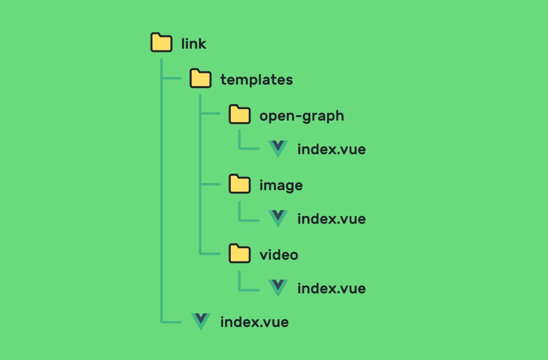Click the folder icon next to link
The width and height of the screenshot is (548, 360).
(x=161, y=43)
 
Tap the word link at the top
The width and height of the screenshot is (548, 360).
(x=193, y=43)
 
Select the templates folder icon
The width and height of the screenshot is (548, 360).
(x=201, y=79)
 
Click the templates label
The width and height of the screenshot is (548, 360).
(x=256, y=79)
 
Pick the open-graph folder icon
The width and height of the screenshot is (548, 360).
(x=239, y=115)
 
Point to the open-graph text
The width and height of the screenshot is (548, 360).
(x=301, y=116)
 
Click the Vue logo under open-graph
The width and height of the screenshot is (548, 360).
(x=278, y=148)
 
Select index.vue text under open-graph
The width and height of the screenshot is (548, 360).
(x=331, y=149)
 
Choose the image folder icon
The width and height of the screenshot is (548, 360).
(x=239, y=185)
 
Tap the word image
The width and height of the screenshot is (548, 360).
(x=281, y=186)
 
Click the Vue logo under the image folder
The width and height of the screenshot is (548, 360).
(x=278, y=218)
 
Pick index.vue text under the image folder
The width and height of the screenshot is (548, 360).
(x=331, y=219)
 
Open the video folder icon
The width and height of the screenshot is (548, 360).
(x=239, y=254)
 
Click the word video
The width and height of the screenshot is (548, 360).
(x=278, y=255)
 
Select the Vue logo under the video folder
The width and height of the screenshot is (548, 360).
(x=278, y=288)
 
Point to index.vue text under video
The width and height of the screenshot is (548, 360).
(x=331, y=288)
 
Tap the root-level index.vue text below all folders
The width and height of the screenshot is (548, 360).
(x=254, y=322)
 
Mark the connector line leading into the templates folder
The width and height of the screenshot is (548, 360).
(x=172, y=79)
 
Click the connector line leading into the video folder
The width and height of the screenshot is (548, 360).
(x=211, y=254)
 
